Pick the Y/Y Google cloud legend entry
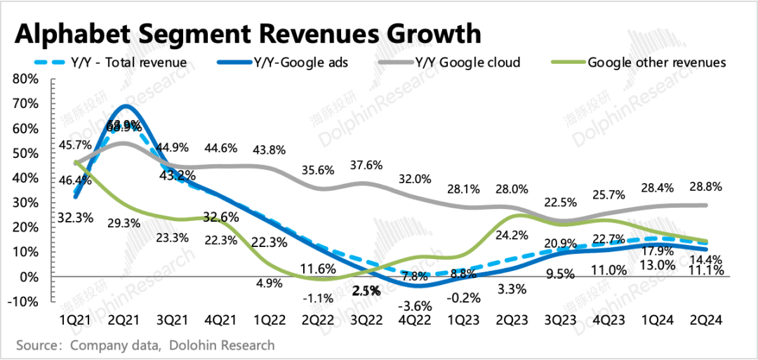(x=467, y=62)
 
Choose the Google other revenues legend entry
(x=656, y=62)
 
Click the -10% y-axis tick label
(x=22, y=302)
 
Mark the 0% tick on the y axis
(x=28, y=277)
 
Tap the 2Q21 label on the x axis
(x=125, y=320)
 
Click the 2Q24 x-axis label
(x=705, y=320)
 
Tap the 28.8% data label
(x=706, y=189)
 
